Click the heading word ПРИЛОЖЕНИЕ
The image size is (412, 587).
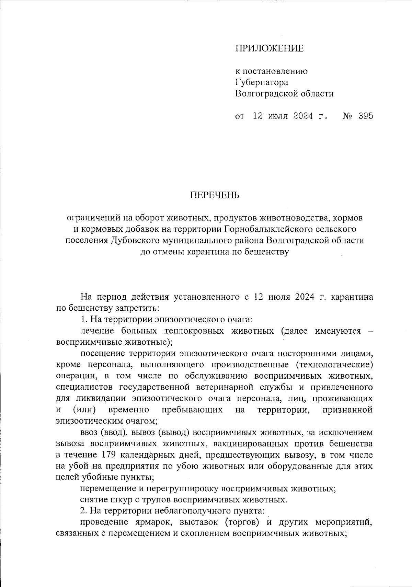pos(270,48)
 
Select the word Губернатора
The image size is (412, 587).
pos(262,82)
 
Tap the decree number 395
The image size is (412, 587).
pos(366,116)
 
